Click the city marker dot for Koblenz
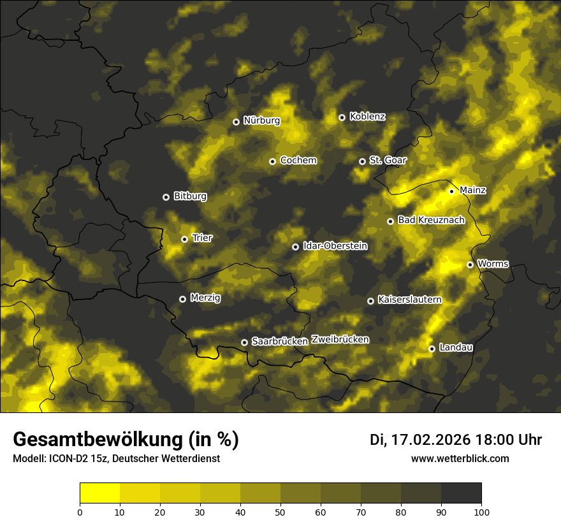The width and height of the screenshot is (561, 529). coord(342,117)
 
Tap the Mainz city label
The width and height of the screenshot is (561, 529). coord(472,191)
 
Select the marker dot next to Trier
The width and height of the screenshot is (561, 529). coord(184,239)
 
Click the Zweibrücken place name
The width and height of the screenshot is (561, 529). coord(340,340)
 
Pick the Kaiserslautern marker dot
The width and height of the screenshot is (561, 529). coord(370,301)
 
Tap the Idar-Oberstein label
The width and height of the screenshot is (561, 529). coord(335,246)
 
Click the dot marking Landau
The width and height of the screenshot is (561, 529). coord(432,349)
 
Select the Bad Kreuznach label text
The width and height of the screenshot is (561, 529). coord(431,220)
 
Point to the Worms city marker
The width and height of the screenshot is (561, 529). coord(470,264)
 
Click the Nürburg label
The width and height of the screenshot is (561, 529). coord(261,120)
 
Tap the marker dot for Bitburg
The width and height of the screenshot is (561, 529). coord(166,197)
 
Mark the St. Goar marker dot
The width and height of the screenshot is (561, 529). coord(362,161)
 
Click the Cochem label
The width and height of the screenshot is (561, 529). coord(298,161)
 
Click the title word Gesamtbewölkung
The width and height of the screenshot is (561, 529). coord(96,439)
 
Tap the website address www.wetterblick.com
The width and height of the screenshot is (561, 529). coord(460,458)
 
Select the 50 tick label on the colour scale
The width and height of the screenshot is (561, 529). coord(280,511)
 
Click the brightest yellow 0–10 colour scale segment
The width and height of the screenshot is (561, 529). coord(100,493)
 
